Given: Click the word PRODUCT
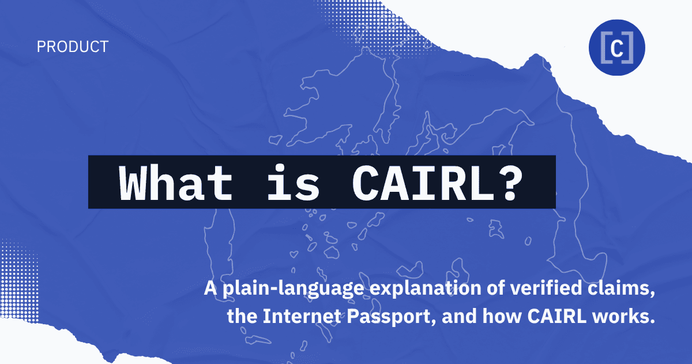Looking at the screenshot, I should (72, 47).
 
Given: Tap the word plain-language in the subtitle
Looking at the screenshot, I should (280, 289).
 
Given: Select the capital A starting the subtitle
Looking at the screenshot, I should (210, 289).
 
